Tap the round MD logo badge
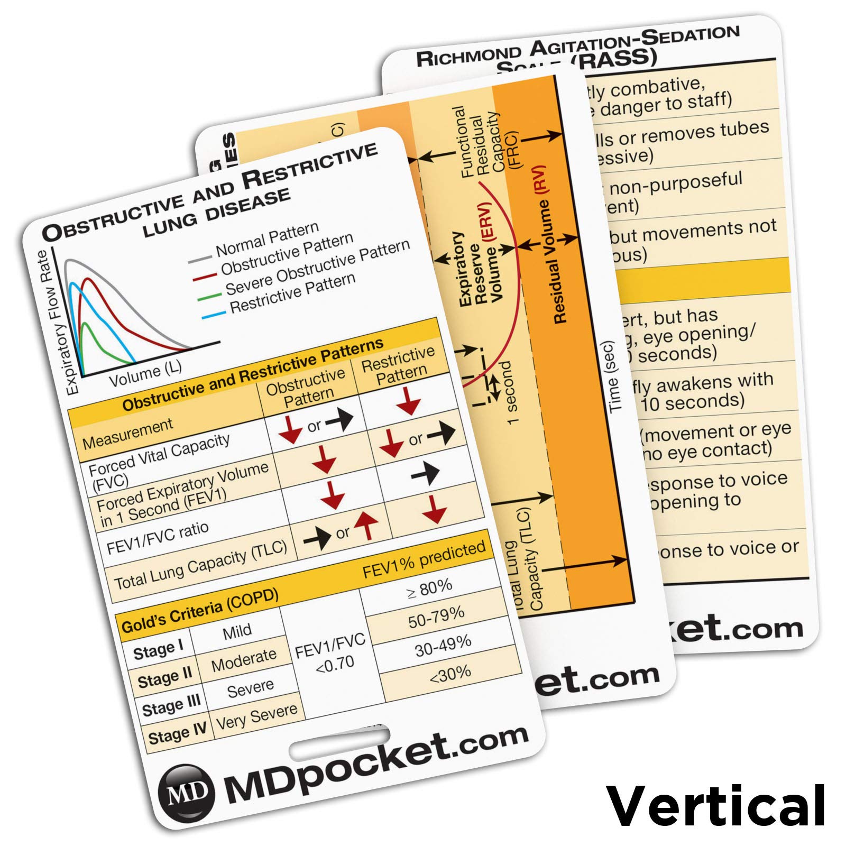pyautogui.click(x=187, y=791)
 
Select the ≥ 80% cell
pyautogui.click(x=430, y=587)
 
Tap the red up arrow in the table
pyautogui.click(x=366, y=525)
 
